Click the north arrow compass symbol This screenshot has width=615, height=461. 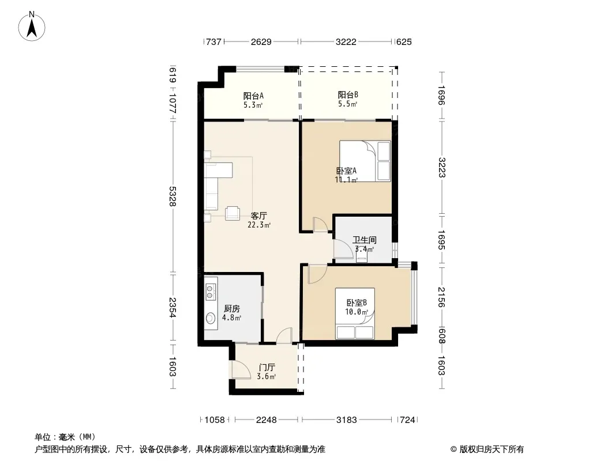[x=32, y=27]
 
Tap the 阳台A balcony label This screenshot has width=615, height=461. [x=253, y=96]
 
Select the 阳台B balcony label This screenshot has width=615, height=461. [x=348, y=95]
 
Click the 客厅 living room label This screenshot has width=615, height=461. [x=259, y=216]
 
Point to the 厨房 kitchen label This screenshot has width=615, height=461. [x=231, y=309]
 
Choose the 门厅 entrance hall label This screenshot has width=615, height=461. [x=267, y=368]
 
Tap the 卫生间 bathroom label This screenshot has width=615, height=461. [x=365, y=240]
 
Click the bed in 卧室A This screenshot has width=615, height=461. [x=365, y=161]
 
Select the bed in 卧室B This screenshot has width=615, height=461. [x=355, y=313]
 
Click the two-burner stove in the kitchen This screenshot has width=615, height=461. [x=211, y=289]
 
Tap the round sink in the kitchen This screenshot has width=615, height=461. [x=211, y=318]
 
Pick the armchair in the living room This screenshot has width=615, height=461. [x=232, y=213]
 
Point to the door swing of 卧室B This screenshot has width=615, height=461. [x=317, y=274]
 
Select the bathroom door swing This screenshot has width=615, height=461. [x=343, y=249]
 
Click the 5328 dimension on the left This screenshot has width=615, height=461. [x=172, y=197]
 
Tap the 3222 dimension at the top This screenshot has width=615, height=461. [x=346, y=41]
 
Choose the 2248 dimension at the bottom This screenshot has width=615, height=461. [x=267, y=420]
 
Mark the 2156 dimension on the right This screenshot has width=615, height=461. [x=442, y=297]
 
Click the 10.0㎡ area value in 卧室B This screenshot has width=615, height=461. [x=357, y=312]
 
